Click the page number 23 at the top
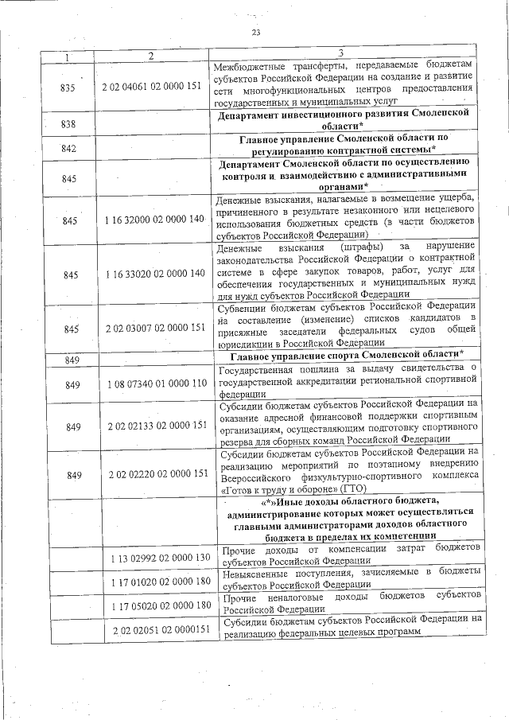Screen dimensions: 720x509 tap(255, 32)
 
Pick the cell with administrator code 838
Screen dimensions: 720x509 tap(68, 124)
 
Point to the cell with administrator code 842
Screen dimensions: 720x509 tap(68, 149)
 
